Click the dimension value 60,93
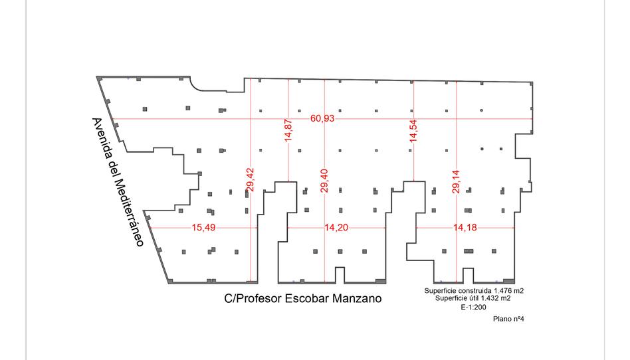pyautogui.click(x=323, y=118)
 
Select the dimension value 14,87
pyautogui.click(x=288, y=131)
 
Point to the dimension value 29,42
pyautogui.click(x=250, y=180)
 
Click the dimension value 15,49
pyautogui.click(x=203, y=227)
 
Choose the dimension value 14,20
pyautogui.click(x=336, y=227)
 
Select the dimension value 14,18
pyautogui.click(x=465, y=227)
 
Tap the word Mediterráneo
pyautogui.click(x=128, y=213)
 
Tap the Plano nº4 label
pyautogui.click(x=510, y=319)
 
